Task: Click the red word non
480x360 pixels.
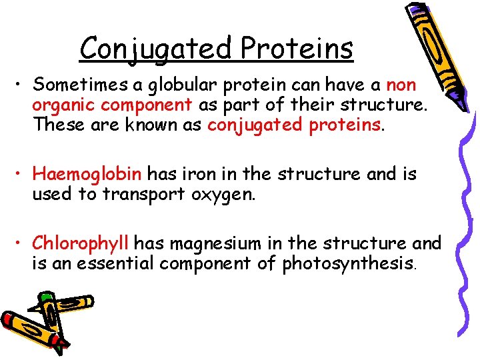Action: click(x=401, y=85)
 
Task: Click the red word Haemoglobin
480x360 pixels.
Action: click(x=87, y=175)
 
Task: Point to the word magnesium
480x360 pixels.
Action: click(x=220, y=245)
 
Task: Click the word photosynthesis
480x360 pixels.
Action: click(x=349, y=265)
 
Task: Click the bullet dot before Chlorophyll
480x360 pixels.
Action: click(x=21, y=245)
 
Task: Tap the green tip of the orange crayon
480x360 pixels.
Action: click(x=46, y=297)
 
